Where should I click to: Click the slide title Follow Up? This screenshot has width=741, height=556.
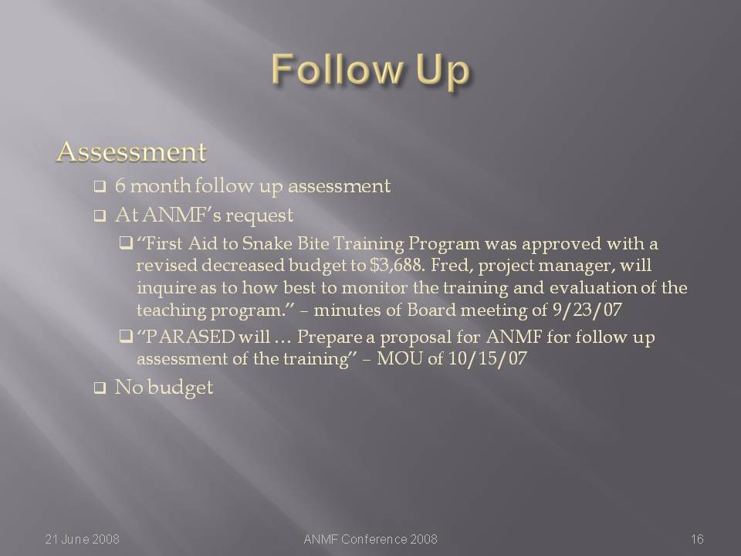point(371,70)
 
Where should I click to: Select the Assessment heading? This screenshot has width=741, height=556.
point(131,152)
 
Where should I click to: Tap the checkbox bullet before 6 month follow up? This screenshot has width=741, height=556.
point(100,187)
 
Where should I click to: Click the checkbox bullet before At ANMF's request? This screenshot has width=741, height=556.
point(100,216)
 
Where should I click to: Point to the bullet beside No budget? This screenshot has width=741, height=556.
point(100,388)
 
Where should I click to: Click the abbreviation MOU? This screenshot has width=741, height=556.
point(400,358)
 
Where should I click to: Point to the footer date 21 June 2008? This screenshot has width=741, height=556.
point(83,539)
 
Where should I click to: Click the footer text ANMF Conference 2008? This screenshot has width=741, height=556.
point(370,539)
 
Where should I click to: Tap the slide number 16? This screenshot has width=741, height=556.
point(697,539)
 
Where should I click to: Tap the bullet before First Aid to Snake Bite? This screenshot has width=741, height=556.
point(126,244)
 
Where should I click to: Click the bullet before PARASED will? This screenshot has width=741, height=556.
point(126,337)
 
